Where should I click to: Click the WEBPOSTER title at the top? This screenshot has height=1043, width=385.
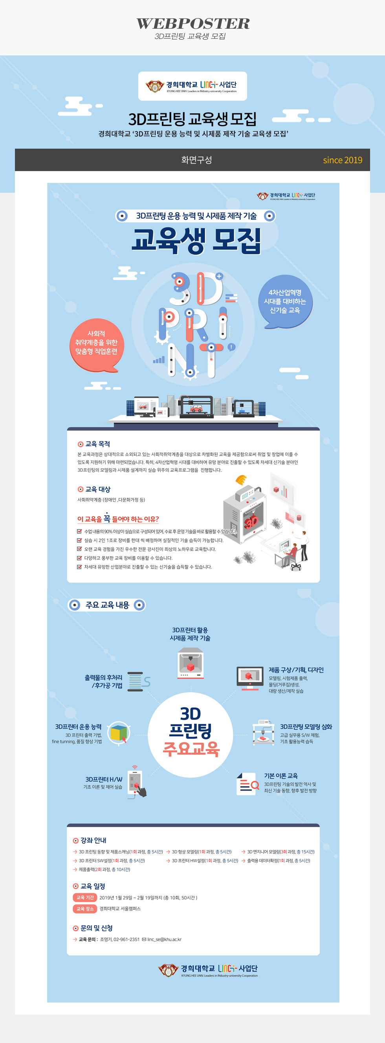pyautogui.click(x=192, y=24)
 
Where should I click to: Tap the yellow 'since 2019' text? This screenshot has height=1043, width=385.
pyautogui.click(x=342, y=160)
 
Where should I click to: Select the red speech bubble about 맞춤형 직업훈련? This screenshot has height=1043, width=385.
pyautogui.click(x=96, y=343)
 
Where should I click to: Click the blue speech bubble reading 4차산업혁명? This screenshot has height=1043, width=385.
pyautogui.click(x=285, y=301)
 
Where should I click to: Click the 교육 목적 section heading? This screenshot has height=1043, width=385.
pyautogui.click(x=97, y=444)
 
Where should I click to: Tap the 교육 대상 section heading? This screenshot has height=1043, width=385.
pyautogui.click(x=97, y=489)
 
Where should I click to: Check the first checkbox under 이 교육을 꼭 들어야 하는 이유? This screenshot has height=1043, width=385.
pyautogui.click(x=80, y=531)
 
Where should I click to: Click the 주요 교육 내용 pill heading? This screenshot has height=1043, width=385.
pyautogui.click(x=107, y=605)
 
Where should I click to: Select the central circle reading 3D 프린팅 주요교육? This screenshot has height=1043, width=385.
pyautogui.click(x=191, y=735)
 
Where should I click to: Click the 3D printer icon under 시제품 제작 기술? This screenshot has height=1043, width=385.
pyautogui.click(x=191, y=663)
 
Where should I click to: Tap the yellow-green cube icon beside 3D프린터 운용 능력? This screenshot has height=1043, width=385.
pyautogui.click(x=119, y=732)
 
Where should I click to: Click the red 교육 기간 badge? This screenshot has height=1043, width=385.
pyautogui.click(x=85, y=897)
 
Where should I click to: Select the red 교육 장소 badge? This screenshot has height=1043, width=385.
pyautogui.click(x=85, y=908)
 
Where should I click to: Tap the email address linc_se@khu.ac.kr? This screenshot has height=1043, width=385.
pyautogui.click(x=164, y=939)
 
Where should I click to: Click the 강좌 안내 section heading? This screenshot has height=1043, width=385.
pyautogui.click(x=93, y=840)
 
